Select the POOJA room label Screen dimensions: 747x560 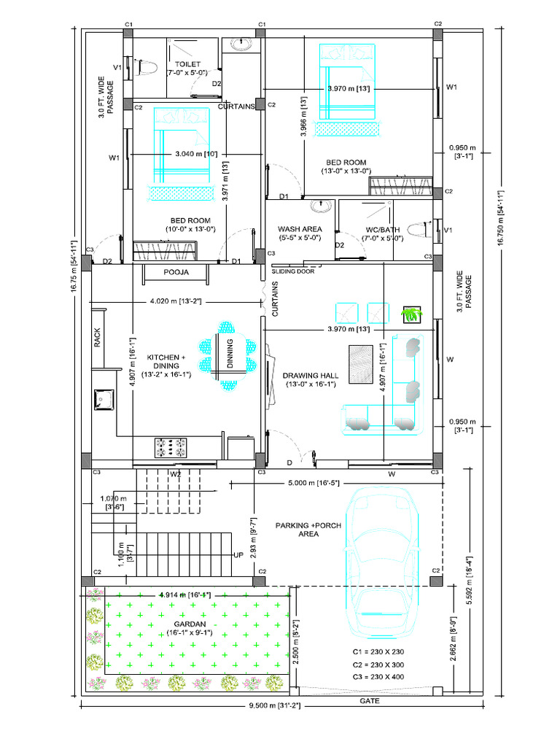point(176,272)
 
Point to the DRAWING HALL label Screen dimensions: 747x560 point(311,376)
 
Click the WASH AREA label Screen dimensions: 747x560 point(300,229)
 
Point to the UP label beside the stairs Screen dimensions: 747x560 point(237,555)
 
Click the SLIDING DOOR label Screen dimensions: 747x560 point(292,271)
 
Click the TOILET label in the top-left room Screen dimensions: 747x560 point(187,64)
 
